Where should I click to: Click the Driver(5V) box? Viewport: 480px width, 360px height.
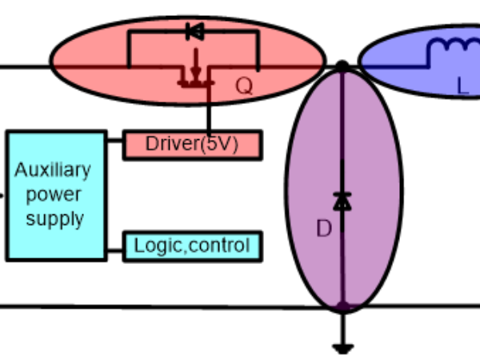[192, 146]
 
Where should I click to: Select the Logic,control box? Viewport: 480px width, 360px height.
[192, 246]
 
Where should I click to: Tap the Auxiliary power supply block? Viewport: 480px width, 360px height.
[55, 195]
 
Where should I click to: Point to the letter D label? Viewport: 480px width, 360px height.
[323, 230]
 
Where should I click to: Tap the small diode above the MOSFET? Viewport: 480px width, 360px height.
[193, 32]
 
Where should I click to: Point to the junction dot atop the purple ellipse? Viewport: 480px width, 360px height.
[342, 66]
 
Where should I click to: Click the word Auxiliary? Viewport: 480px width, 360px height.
[53, 170]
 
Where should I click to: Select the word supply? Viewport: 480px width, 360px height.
[54, 219]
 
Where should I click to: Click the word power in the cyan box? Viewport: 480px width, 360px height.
[54, 194]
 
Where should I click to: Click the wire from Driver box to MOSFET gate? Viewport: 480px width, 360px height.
[209, 112]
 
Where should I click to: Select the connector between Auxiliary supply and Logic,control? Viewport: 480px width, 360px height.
[114, 246]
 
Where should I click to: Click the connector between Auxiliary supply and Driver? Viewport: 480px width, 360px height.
[114, 146]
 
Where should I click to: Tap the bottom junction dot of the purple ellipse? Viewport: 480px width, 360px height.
[342, 306]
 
